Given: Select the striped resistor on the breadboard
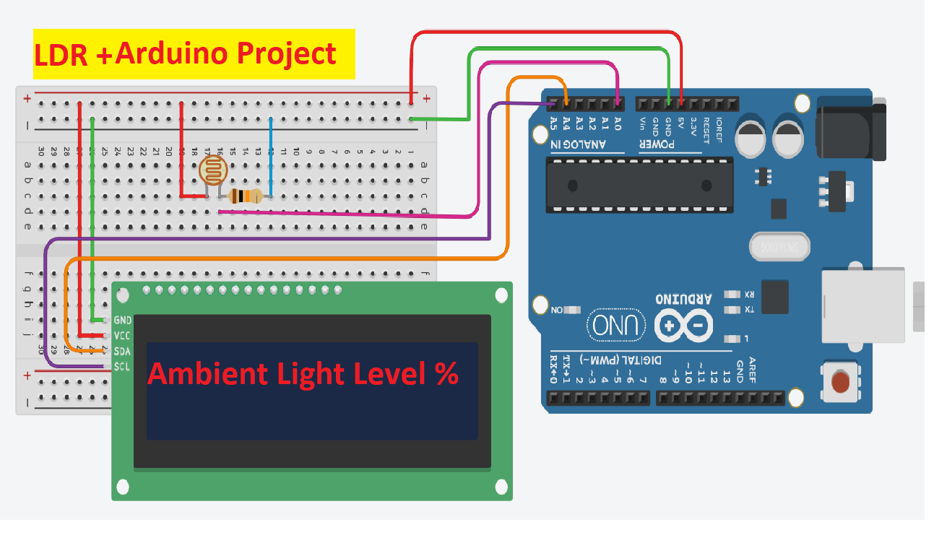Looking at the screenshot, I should tap(245, 196).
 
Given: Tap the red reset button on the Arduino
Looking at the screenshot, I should tap(840, 380).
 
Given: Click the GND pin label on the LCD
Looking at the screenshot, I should tap(123, 320).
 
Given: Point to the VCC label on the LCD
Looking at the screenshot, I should tap(122, 336).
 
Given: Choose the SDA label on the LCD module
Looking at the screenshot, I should tap(122, 351).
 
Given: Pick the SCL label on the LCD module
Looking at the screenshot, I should tap(122, 367).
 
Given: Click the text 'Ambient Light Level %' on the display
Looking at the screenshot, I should tap(303, 375).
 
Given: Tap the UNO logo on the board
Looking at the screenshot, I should tap(617, 326).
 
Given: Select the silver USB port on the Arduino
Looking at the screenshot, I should tap(862, 305).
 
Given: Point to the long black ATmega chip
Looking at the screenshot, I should tap(639, 185).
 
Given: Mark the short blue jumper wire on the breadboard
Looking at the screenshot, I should tap(271, 157).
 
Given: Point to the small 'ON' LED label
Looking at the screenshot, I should tap(557, 310).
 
